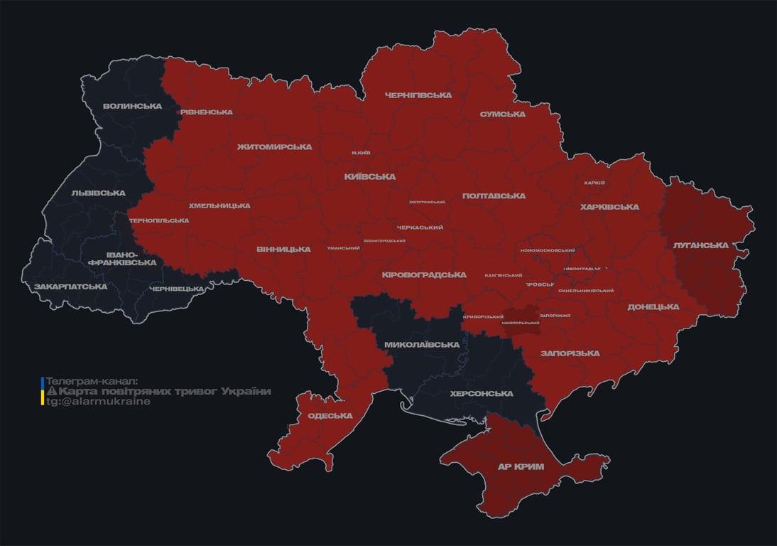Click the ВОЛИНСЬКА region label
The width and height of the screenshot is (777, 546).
click(x=131, y=107)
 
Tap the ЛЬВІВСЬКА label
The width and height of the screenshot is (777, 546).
click(x=98, y=193)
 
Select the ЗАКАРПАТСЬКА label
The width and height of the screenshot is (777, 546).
click(x=70, y=287)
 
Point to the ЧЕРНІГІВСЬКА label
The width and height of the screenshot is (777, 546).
click(x=418, y=95)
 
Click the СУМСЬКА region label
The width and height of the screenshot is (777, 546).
click(x=502, y=114)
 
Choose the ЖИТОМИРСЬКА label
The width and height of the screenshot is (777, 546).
click(x=274, y=146)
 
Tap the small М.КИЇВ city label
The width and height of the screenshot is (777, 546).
click(x=361, y=153)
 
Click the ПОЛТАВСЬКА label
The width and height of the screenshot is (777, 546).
click(x=494, y=196)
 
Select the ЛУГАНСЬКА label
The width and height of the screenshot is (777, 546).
click(x=700, y=245)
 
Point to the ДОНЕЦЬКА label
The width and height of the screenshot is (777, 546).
click(x=653, y=306)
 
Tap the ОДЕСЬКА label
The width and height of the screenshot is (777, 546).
click(x=330, y=415)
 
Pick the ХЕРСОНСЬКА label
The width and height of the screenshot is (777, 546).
click(x=481, y=393)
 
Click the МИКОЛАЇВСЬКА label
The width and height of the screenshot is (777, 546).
click(x=421, y=345)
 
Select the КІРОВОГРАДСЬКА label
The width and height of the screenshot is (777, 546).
click(x=423, y=274)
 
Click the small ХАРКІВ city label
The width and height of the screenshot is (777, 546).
click(x=594, y=183)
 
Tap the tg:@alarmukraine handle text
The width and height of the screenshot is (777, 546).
click(x=98, y=402)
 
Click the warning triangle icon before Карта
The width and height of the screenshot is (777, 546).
click(x=51, y=392)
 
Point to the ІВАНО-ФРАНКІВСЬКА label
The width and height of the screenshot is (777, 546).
click(x=121, y=258)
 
